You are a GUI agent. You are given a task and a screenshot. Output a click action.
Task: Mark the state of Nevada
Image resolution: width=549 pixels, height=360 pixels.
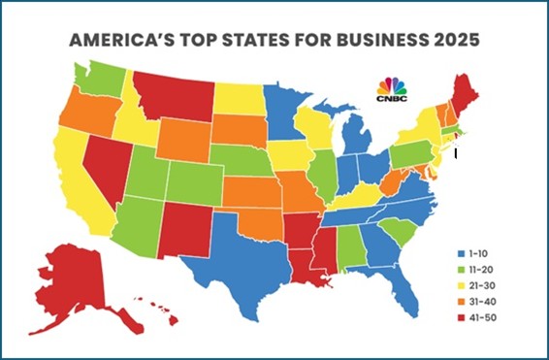pos(106,170)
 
